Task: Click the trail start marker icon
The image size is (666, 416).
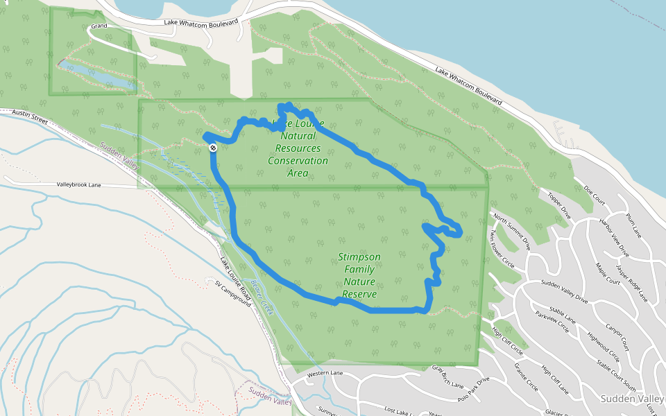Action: tap(213, 148)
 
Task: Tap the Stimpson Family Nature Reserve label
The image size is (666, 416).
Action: tap(359, 275)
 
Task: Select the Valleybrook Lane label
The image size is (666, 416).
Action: tap(79, 185)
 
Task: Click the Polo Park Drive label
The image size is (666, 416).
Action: tap(473, 390)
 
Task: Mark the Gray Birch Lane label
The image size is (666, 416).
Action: tap(447, 374)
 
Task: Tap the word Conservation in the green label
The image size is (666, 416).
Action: tap(298, 160)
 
